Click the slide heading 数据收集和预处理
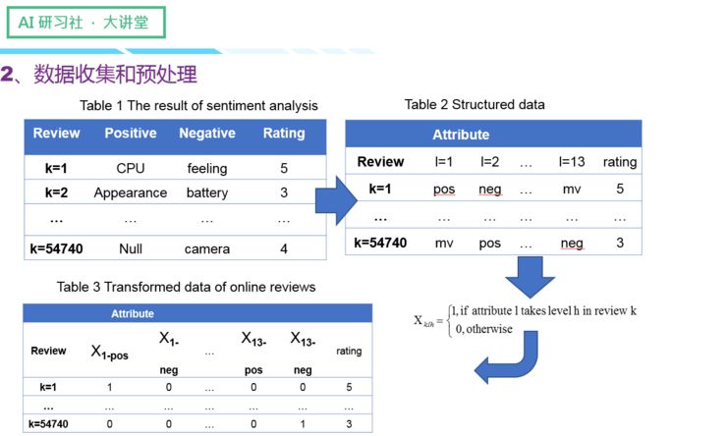(115, 75)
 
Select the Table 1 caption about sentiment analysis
(199, 106)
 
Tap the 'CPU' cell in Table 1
(130, 168)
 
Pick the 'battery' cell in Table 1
(207, 192)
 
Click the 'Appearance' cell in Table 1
(131, 192)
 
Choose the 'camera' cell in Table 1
(207, 248)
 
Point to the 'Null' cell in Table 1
(130, 248)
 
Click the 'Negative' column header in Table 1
(207, 134)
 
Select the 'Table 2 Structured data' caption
(475, 104)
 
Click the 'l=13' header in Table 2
(572, 162)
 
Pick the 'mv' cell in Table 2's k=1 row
(572, 189)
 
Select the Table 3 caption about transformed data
(186, 287)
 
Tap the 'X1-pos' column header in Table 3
(110, 352)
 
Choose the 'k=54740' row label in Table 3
(49, 423)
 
